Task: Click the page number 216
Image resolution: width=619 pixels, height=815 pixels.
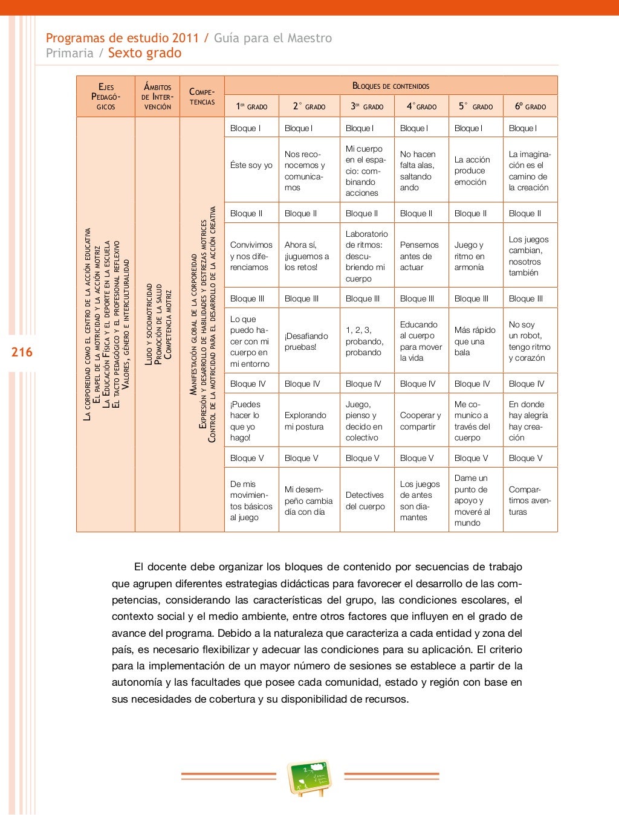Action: coord(22,352)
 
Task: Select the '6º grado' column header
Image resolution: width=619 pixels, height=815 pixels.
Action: coord(530,106)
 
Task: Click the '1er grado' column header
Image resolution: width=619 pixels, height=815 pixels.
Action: coord(251,106)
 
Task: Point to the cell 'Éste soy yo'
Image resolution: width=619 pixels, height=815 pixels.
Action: coord(251,165)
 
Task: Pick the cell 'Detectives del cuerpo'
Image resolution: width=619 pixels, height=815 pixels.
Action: coord(365,500)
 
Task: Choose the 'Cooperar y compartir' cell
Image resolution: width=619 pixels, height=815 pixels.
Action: coord(420,420)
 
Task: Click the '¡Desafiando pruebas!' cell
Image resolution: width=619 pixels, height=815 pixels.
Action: coord(306,341)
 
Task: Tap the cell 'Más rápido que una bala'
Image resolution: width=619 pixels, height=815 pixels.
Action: coord(475,341)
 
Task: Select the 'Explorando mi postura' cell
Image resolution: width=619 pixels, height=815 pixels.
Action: coord(305,420)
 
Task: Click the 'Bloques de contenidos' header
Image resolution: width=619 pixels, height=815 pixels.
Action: coord(391,86)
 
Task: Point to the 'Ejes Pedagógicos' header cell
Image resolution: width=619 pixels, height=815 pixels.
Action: coord(106,97)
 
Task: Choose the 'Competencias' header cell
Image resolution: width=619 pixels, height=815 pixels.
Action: coord(202,97)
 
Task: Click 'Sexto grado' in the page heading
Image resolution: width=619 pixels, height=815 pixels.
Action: coord(144,53)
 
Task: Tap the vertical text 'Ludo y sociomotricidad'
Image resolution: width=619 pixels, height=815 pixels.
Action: coord(149,324)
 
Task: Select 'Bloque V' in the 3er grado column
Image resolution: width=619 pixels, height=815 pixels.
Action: coord(362,458)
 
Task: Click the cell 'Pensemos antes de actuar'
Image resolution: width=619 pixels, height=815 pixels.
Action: coord(419,256)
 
